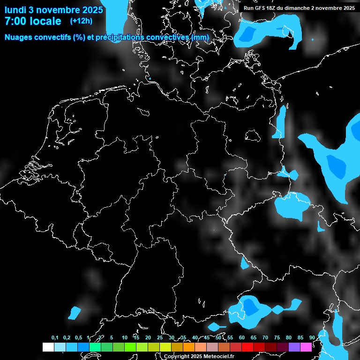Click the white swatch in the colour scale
coord(48,347)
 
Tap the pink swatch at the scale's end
coord(306,347)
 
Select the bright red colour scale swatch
coord(247,347)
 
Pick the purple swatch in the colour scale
coord(294,347)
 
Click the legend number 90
coord(312,337)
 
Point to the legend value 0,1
coord(55,337)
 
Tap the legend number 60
coord(242,337)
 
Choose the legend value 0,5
coord(78,337)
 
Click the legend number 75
coord(277,337)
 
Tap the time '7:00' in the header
coord(17,21)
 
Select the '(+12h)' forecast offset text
coord(81,21)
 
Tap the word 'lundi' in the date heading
coord(15,9)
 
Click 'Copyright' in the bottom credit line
coord(176,357)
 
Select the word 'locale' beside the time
coord(46,21)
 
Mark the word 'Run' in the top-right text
coord(248,8)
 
